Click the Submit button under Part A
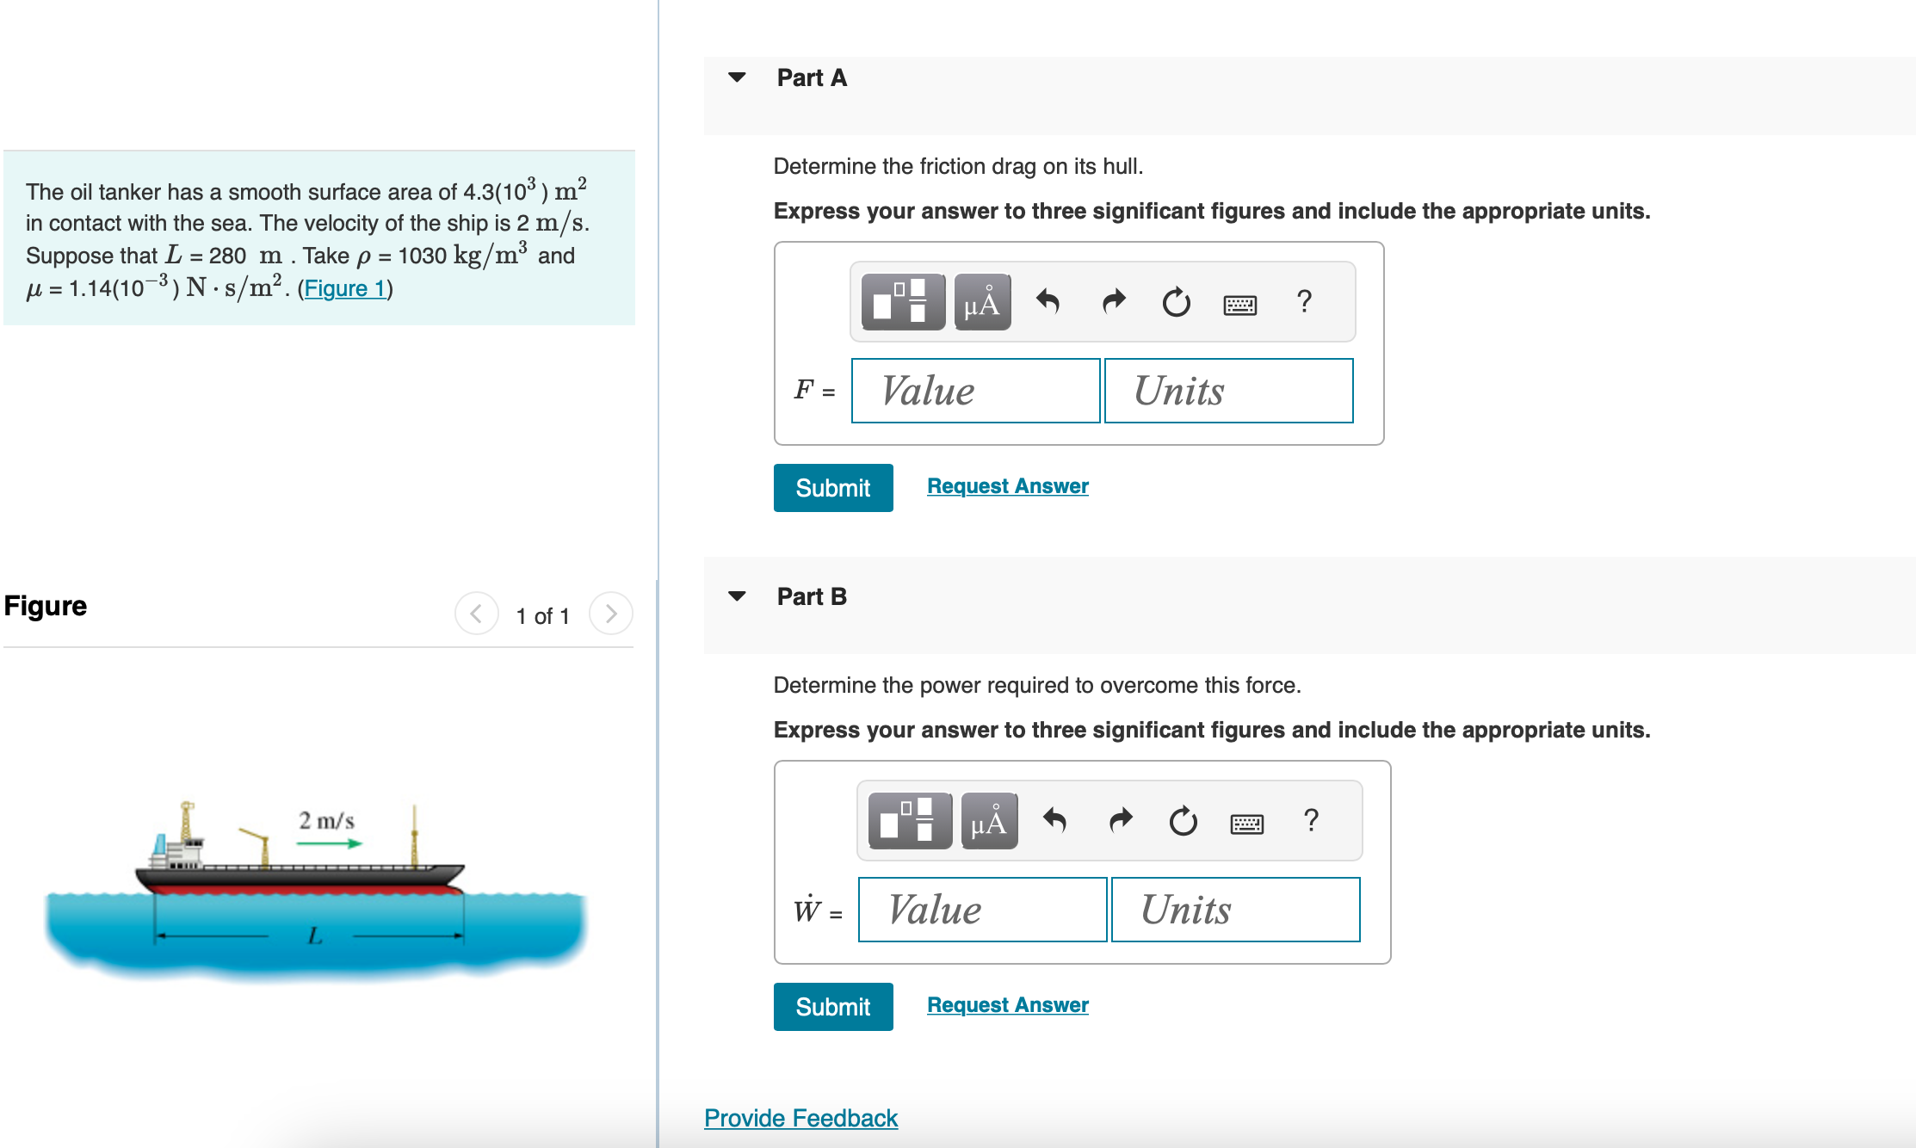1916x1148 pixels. click(x=832, y=488)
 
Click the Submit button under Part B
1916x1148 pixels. click(x=832, y=1007)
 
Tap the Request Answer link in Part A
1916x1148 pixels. click(x=1007, y=486)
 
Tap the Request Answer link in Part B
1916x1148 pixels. click(x=1007, y=1005)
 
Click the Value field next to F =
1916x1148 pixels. click(x=975, y=392)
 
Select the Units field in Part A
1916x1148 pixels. click(x=1228, y=392)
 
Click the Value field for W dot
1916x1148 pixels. click(x=982, y=910)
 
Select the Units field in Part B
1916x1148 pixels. click(x=1235, y=910)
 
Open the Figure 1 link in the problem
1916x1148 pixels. click(x=344, y=288)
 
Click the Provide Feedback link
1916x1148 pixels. click(x=800, y=1118)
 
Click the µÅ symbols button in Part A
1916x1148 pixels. click(x=982, y=303)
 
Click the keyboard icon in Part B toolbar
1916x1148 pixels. click(x=1246, y=824)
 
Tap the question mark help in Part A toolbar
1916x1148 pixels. click(x=1304, y=301)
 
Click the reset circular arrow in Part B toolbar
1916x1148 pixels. click(x=1183, y=822)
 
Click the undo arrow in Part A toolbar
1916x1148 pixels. click(x=1048, y=302)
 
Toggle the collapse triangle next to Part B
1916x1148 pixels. click(x=737, y=596)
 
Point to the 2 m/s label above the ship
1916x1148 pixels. click(x=326, y=821)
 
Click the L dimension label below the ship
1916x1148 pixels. click(x=315, y=935)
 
